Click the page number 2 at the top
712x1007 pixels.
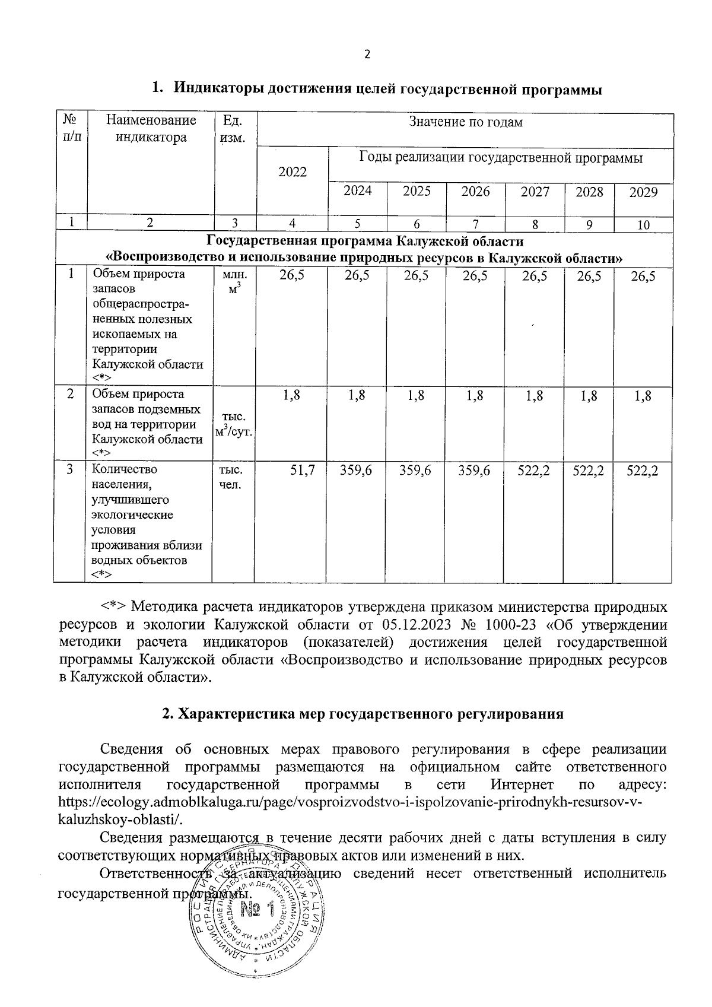366,55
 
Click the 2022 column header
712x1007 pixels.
293,172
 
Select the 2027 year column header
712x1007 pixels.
535,192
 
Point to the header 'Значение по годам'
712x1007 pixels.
466,122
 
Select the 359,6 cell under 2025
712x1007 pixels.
416,470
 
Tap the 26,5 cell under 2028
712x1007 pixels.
585,275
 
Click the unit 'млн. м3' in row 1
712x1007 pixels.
234,282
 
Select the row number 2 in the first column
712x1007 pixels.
70,395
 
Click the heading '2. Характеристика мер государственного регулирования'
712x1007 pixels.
363,714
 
